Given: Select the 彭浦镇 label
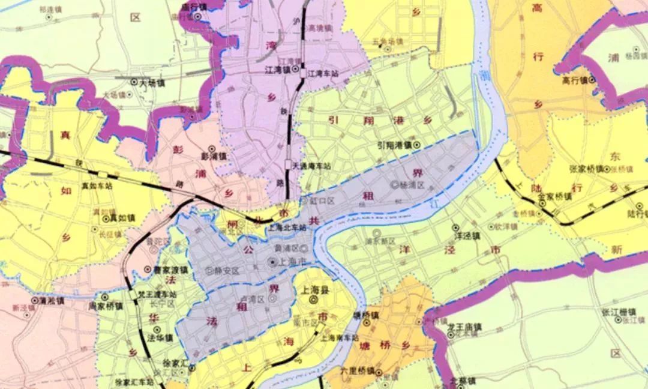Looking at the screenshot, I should (214, 156).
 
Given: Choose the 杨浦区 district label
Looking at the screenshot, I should (412, 185).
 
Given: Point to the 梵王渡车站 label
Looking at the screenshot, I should (157, 295).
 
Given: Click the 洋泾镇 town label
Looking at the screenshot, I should (468, 237).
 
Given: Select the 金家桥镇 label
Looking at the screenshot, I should (554, 196).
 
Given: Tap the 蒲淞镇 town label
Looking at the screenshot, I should (50, 301).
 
